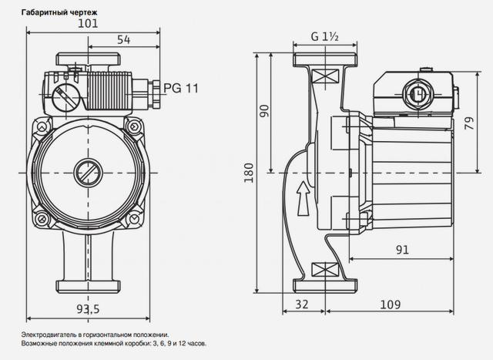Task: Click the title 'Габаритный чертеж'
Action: [x=59, y=12]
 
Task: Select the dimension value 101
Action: [x=88, y=24]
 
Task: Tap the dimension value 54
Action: [x=123, y=40]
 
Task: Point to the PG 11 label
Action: [x=181, y=88]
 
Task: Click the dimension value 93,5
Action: [x=88, y=309]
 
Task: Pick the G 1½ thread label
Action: [x=325, y=37]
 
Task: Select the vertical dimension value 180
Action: [x=249, y=173]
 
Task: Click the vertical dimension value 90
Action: [x=265, y=111]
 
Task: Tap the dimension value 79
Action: [x=469, y=123]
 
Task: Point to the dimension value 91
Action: [x=402, y=250]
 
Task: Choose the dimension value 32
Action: [x=302, y=304]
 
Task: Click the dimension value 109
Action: [x=391, y=304]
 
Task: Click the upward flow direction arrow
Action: [x=304, y=198]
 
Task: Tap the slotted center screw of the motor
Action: [x=89, y=173]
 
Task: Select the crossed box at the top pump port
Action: [x=325, y=76]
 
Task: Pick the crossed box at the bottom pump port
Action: [x=325, y=270]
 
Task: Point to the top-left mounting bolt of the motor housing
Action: [x=42, y=126]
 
